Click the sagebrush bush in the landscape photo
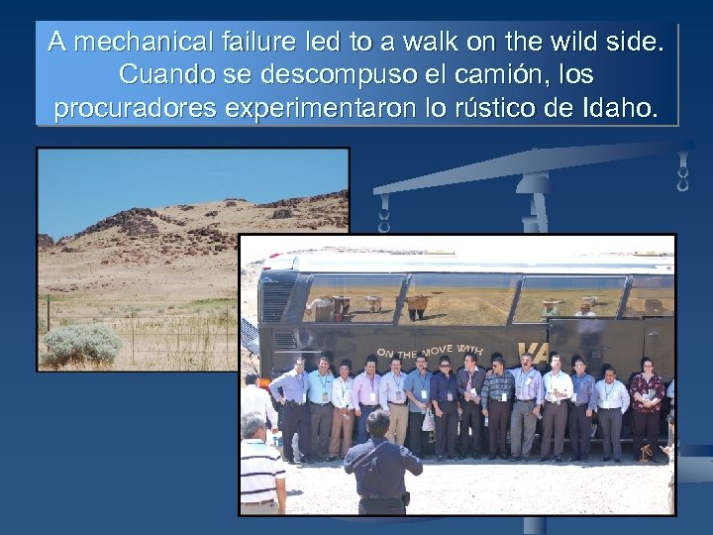pyautogui.click(x=82, y=344)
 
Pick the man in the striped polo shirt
pyautogui.click(x=260, y=471)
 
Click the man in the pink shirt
pyautogui.click(x=366, y=401)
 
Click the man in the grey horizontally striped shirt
pyautogui.click(x=498, y=401)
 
